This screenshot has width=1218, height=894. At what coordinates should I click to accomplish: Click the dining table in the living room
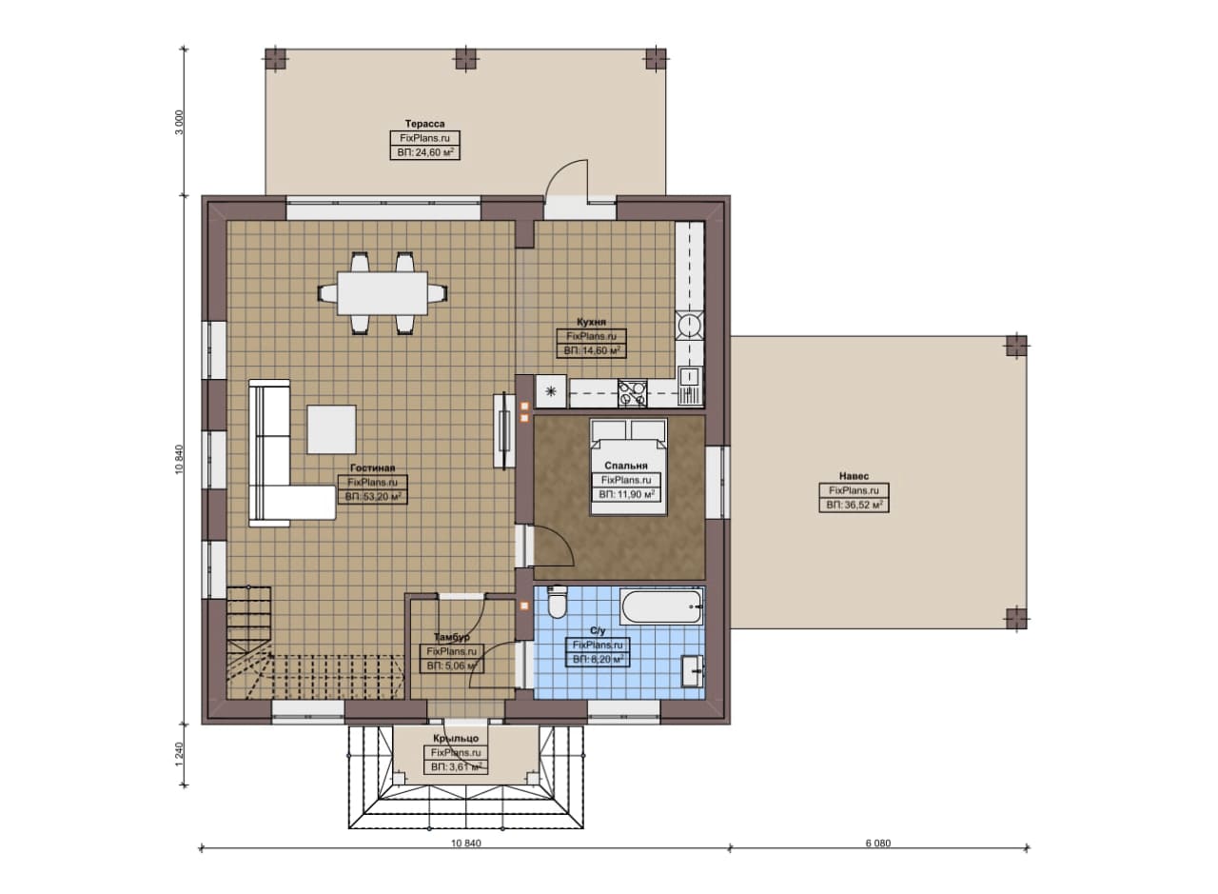(x=383, y=293)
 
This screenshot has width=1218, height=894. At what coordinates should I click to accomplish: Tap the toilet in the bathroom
(x=557, y=604)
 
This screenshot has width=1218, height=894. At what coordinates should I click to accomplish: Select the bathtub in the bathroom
(x=661, y=606)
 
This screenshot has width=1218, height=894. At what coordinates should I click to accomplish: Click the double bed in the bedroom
(x=629, y=467)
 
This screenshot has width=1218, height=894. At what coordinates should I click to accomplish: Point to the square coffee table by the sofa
(x=332, y=428)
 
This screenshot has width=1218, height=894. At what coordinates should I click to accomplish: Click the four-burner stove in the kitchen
(x=633, y=393)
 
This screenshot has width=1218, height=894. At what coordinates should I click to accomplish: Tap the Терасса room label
(x=424, y=124)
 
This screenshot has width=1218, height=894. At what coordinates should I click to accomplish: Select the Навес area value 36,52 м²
(x=855, y=505)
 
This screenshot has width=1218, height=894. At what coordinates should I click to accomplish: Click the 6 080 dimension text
(x=878, y=844)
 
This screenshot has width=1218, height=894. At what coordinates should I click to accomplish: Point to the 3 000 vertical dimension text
(x=180, y=123)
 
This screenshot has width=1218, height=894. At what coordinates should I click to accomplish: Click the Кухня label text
(x=591, y=322)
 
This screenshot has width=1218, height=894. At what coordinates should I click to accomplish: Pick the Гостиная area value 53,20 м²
(x=373, y=496)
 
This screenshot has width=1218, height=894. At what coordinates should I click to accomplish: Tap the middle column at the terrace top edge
(x=465, y=59)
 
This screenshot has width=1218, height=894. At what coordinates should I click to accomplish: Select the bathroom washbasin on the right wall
(x=692, y=671)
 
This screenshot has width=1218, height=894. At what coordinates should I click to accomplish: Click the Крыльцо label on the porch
(x=456, y=739)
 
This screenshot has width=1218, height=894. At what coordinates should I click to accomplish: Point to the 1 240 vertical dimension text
(x=180, y=755)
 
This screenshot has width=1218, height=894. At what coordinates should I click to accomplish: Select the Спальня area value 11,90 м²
(x=626, y=494)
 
